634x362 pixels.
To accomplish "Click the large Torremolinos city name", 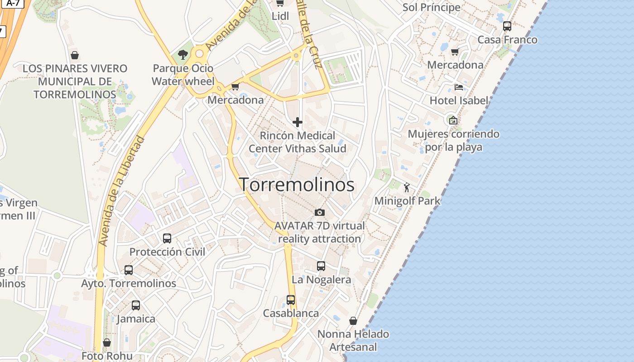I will tap(297, 185).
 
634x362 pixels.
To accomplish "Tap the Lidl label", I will tap(280, 16).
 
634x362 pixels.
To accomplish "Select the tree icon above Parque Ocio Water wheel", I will tap(183, 55).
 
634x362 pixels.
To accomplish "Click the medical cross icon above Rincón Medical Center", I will tap(298, 122).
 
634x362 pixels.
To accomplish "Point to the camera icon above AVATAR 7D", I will tap(320, 212).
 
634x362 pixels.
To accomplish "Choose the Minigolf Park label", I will tap(407, 200).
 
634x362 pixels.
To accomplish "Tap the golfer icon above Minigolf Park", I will tap(407, 187).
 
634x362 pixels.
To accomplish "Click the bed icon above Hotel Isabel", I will tap(459, 87).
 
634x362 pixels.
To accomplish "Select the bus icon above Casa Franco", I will tap(507, 26).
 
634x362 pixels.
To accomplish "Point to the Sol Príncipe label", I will tap(431, 7).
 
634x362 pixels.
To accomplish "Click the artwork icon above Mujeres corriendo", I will tap(453, 120).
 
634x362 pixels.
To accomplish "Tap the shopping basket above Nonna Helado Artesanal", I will tap(353, 321).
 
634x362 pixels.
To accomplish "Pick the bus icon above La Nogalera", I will tap(321, 266).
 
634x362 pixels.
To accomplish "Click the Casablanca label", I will tap(291, 313).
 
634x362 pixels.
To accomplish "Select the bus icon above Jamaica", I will tap(136, 305).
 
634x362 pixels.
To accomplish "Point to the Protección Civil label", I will tap(167, 252).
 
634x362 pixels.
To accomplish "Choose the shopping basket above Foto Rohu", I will tap(107, 343).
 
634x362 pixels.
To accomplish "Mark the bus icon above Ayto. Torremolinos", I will tap(129, 270).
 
